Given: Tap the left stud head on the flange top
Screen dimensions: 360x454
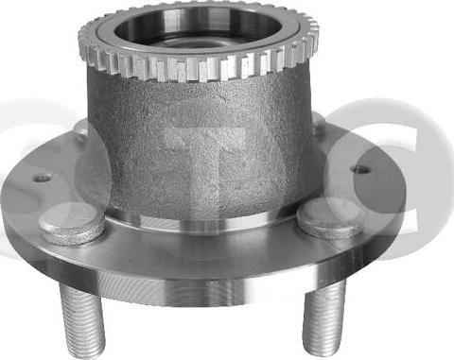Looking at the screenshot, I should pyautogui.click(x=72, y=226).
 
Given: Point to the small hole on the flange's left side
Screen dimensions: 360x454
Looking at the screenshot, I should pyautogui.click(x=43, y=177).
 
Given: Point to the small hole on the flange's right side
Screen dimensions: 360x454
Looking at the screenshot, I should pyautogui.click(x=361, y=170).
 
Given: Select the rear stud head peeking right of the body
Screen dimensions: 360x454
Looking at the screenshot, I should pyautogui.click(x=319, y=126).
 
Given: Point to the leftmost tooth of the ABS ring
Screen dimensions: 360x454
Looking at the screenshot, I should pyautogui.click(x=81, y=43).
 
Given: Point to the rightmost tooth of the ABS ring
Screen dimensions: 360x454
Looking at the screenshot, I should pyautogui.click(x=314, y=40).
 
